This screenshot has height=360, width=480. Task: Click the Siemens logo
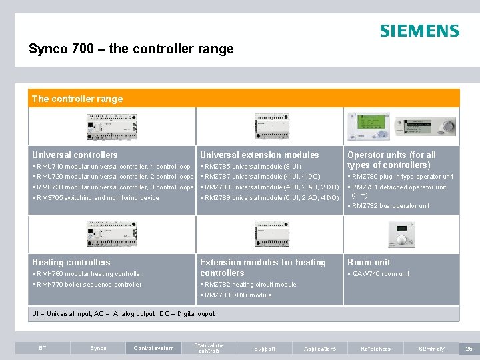click(419, 31)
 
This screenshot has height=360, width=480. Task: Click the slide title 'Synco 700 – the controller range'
click(131, 49)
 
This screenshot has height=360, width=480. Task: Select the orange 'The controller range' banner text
click(77, 99)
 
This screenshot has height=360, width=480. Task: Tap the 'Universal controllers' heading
click(75, 155)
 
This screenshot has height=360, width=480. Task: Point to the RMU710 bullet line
click(111, 166)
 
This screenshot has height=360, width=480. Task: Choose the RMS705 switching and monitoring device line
click(96, 198)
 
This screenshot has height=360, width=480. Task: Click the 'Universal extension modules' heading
click(259, 155)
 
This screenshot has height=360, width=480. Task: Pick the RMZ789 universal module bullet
click(269, 198)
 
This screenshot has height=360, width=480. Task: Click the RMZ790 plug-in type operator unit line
click(401, 177)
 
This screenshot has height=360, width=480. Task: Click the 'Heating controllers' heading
click(71, 262)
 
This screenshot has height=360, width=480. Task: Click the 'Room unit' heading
click(369, 262)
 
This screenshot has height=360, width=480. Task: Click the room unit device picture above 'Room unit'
click(401, 234)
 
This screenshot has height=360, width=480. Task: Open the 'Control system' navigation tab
click(153, 348)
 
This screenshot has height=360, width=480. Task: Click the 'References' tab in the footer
click(375, 349)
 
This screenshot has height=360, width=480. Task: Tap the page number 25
click(469, 349)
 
